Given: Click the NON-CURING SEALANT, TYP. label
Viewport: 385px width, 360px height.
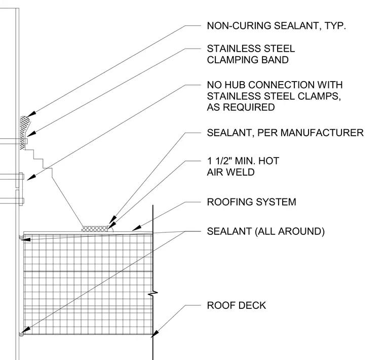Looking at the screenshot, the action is point(276,26).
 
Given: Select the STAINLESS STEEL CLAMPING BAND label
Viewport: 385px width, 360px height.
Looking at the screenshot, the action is point(251,54).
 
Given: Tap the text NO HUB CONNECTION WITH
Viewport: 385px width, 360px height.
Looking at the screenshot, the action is point(275,85).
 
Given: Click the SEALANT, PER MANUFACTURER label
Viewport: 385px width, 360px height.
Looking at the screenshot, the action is point(285,133).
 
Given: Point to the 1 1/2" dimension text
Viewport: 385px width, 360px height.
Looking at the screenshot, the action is point(220,161).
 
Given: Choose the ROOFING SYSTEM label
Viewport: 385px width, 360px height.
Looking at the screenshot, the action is point(251,202).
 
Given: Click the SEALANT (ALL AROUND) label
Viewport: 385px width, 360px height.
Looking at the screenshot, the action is point(265,231).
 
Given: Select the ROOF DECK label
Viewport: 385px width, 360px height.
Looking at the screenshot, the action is point(237,305).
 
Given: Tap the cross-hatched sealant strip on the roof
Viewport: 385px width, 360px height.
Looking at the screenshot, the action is point(95,229).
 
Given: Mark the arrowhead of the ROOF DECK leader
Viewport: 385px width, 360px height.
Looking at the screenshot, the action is point(155,334).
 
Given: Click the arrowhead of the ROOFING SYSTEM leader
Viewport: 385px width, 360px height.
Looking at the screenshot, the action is point(136,228).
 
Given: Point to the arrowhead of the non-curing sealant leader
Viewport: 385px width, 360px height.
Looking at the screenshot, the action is point(31,114).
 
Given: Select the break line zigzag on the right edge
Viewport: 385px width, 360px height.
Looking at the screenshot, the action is point(152,293).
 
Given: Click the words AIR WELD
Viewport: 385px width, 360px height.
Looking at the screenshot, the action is point(230,172).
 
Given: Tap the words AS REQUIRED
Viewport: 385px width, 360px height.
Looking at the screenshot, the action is point(241,107).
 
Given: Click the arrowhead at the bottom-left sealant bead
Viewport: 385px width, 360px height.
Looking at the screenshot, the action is point(26,330).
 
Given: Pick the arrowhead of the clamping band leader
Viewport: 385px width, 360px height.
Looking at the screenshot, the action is point(31,134).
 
